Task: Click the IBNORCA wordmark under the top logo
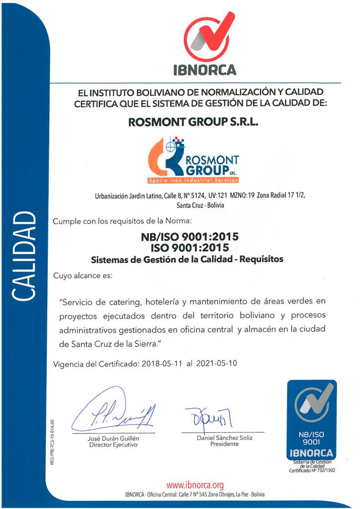tap(204, 70)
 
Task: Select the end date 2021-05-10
tap(216, 363)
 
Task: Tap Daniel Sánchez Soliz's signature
tap(208, 416)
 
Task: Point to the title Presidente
tap(225, 444)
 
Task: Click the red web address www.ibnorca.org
tap(195, 484)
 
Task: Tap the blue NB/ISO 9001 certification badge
tap(312, 420)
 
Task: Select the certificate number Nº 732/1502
tap(323, 470)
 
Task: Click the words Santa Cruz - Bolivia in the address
tap(200, 204)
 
